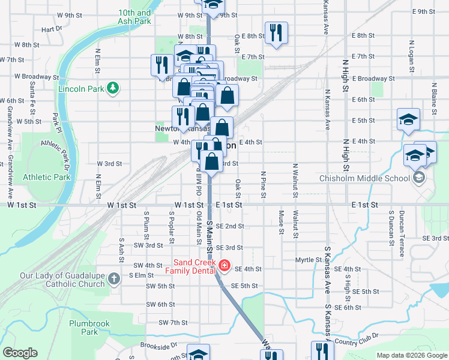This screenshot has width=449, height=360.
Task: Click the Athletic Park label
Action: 46,177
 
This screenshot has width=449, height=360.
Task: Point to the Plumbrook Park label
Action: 89,328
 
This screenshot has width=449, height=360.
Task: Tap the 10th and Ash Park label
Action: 134,16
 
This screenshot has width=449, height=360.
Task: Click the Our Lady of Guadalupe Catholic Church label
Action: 62,280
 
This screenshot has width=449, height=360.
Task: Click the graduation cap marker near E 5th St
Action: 408,119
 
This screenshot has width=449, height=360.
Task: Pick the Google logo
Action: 20,353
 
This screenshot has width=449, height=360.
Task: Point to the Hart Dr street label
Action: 52,29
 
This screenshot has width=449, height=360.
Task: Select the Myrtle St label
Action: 309,260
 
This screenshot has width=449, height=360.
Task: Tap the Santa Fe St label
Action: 31,95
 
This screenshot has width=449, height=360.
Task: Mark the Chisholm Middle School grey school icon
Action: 418,178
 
